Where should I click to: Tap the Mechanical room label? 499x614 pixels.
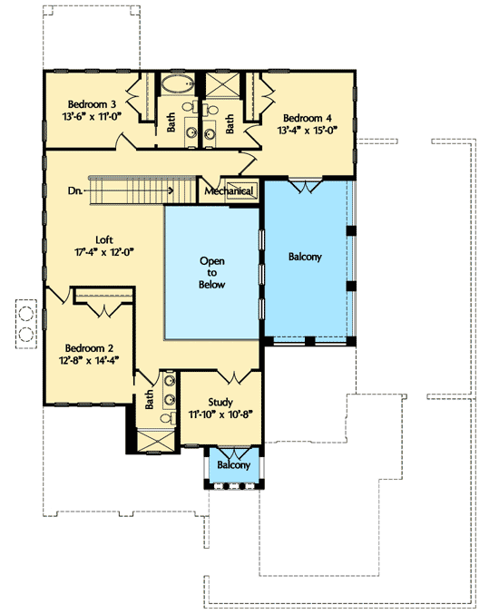pos(229,191)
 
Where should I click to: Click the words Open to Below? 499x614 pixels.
pos(212,272)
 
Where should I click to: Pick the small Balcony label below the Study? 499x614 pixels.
pos(233,465)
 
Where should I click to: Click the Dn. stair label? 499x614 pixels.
pos(76,191)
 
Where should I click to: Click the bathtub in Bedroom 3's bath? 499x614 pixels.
pos(176,87)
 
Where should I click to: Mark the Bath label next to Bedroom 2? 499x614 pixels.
pos(148,399)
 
